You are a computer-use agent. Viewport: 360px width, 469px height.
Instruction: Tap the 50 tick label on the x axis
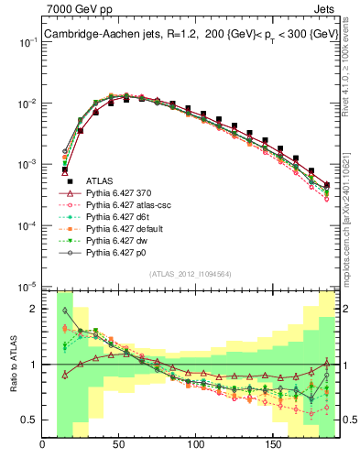[x=118, y=445]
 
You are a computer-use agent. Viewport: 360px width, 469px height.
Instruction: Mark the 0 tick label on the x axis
[x=42, y=445]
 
